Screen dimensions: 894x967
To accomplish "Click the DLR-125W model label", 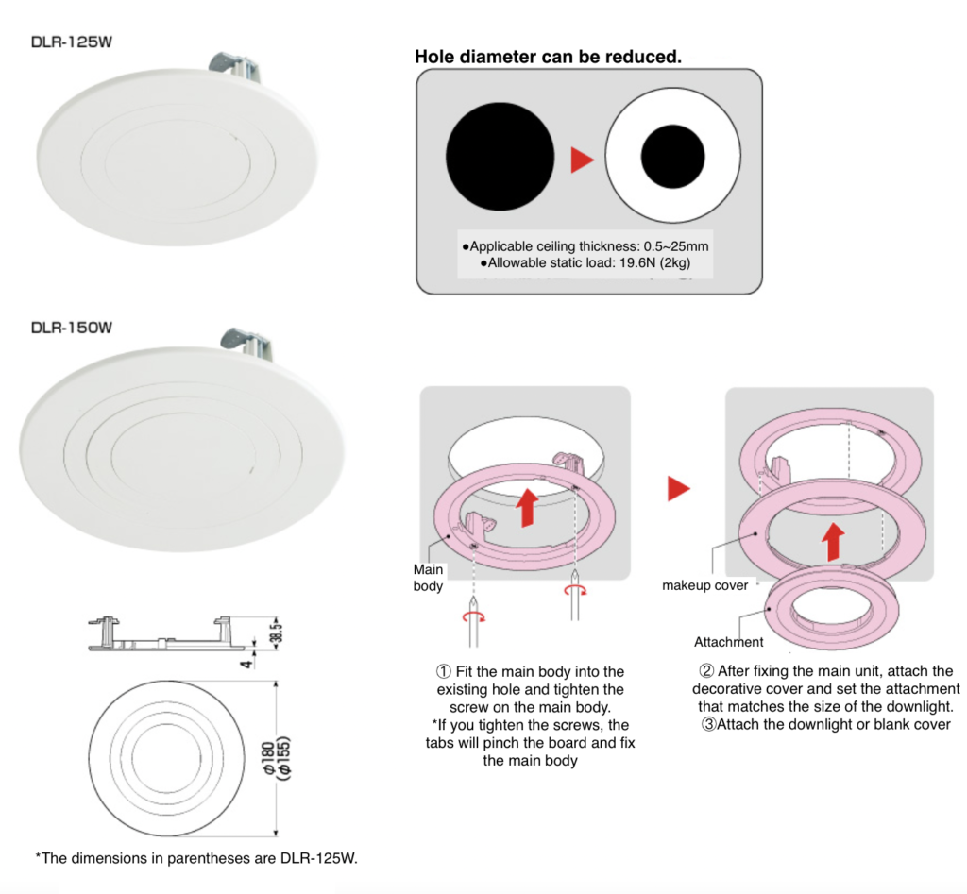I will pos(74,42).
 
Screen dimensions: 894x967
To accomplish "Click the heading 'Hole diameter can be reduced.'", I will pos(548,57).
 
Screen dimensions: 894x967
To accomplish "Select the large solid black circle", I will pos(500,157).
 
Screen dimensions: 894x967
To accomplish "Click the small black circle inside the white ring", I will pos(673,157).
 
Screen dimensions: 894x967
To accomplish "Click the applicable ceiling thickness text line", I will pos(585,245).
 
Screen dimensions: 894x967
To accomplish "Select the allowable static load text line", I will pos(585,263).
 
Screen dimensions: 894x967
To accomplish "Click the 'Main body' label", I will pos(428,578).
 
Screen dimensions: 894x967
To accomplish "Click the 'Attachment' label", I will pos(728,642).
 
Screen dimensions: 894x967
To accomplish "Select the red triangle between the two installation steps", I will pos(679,488).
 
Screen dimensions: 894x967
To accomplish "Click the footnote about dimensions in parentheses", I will pos(196,857).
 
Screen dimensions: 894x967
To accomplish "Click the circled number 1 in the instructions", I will pos(443,671).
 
